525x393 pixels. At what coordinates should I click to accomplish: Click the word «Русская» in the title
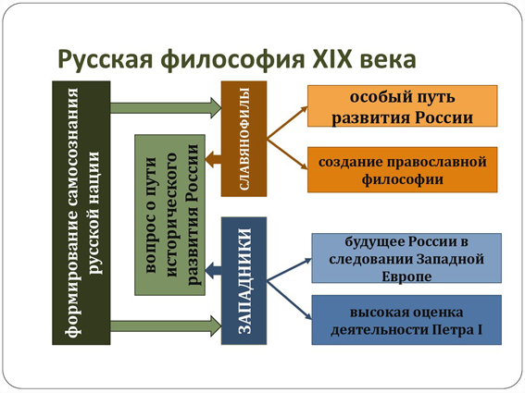click(x=106, y=59)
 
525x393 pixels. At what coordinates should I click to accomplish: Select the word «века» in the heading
click(x=388, y=60)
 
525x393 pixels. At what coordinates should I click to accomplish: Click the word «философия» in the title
click(x=232, y=59)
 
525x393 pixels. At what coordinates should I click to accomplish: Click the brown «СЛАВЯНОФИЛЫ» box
click(x=244, y=139)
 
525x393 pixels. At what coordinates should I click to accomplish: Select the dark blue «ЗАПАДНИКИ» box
click(x=244, y=280)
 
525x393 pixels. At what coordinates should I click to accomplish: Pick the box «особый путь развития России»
click(x=403, y=106)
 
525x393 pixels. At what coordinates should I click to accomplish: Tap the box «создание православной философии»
click(x=403, y=169)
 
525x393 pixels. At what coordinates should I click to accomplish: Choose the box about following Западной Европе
click(x=406, y=258)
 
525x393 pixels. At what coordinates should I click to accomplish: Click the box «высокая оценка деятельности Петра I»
click(x=406, y=320)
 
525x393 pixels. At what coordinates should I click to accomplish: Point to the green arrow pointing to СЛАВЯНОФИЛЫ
click(x=166, y=107)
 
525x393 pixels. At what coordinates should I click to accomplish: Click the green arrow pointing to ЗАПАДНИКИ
click(x=166, y=325)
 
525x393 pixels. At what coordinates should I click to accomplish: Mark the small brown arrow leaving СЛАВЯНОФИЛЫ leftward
click(x=213, y=159)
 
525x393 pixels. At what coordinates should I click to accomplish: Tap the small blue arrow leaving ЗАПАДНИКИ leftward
click(x=213, y=270)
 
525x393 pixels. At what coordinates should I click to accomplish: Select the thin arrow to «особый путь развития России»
click(x=287, y=122)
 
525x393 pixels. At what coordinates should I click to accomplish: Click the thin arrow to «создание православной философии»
click(x=287, y=154)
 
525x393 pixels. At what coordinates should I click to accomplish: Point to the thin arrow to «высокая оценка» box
click(x=289, y=300)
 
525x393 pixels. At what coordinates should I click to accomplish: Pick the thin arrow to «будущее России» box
click(x=289, y=270)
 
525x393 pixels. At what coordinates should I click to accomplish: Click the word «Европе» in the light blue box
click(x=406, y=276)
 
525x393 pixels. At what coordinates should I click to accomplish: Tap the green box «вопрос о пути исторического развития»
click(x=169, y=215)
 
